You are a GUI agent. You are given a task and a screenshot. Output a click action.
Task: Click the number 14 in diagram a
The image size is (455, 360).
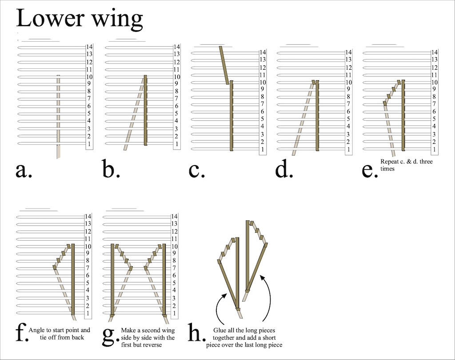point(89,47)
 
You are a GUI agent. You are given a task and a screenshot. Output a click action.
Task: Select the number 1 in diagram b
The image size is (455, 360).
point(177,144)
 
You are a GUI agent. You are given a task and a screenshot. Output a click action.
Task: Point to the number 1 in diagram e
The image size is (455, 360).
point(434,150)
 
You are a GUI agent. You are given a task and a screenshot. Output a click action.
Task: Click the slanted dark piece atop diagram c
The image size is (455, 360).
point(224,65)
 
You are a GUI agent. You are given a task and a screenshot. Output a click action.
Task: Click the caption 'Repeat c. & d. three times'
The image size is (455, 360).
point(406,165)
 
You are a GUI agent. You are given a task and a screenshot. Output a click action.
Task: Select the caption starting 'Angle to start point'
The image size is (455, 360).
point(59,334)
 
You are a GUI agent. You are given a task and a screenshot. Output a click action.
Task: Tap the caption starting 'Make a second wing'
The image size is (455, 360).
point(148,338)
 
